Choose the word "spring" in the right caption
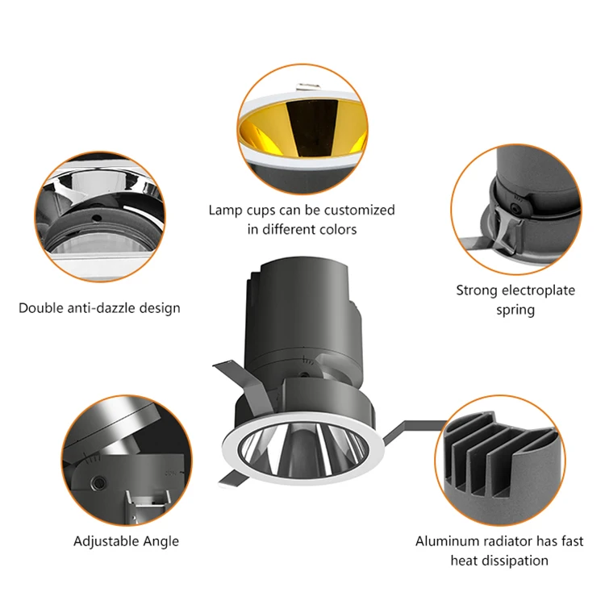click(515, 309)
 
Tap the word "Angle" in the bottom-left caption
click(161, 540)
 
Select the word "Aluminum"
click(445, 540)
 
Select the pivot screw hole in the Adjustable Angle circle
click(98, 482)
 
